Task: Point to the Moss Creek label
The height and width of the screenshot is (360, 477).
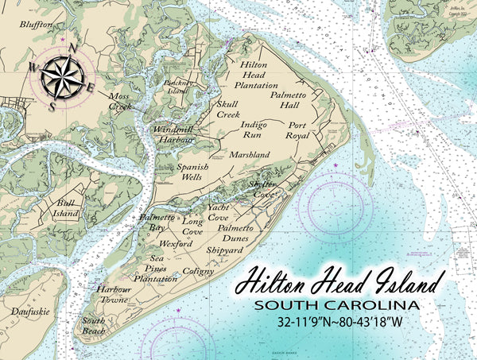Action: [x=121, y=100]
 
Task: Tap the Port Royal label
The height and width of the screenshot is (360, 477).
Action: [x=297, y=130]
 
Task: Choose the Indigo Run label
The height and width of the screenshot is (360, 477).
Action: [x=254, y=129]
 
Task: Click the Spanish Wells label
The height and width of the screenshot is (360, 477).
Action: [x=192, y=172]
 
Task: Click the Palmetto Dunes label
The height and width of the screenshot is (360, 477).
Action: [x=236, y=233]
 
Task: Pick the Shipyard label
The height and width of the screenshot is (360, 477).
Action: [x=224, y=250]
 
